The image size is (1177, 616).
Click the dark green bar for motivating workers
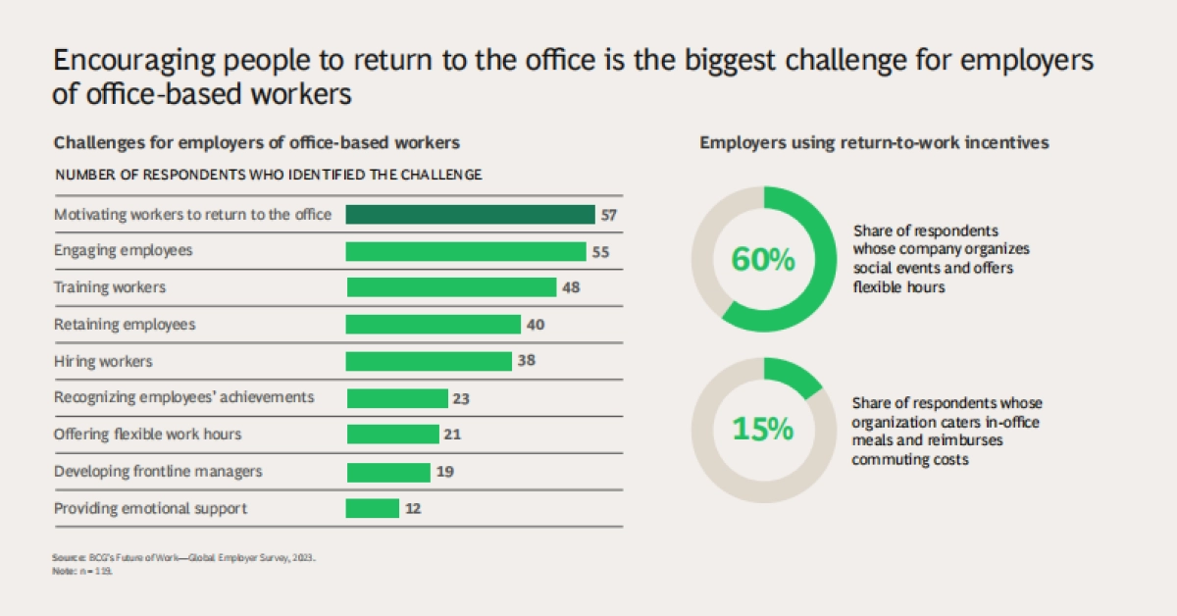pyautogui.click(x=470, y=215)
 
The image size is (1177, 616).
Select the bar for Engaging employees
pyautogui.click(x=465, y=251)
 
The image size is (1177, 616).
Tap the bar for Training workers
pyautogui.click(x=451, y=287)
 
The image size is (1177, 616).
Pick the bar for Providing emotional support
pyautogui.click(x=373, y=508)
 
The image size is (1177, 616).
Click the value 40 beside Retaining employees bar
pyautogui.click(x=536, y=325)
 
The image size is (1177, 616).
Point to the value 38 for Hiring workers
pyautogui.click(x=526, y=361)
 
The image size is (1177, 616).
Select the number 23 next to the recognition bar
pyautogui.click(x=462, y=398)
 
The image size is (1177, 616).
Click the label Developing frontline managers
pyautogui.click(x=158, y=472)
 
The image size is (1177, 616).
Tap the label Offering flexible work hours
pyautogui.click(x=147, y=435)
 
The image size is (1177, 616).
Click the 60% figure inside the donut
pyautogui.click(x=763, y=260)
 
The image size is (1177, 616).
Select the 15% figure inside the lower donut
pyautogui.click(x=763, y=430)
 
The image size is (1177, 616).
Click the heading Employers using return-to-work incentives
pyautogui.click(x=874, y=143)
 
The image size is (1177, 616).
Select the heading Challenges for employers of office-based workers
pyautogui.click(x=257, y=143)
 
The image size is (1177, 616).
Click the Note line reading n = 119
pyautogui.click(x=84, y=570)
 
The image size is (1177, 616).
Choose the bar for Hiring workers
pyautogui.click(x=429, y=361)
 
